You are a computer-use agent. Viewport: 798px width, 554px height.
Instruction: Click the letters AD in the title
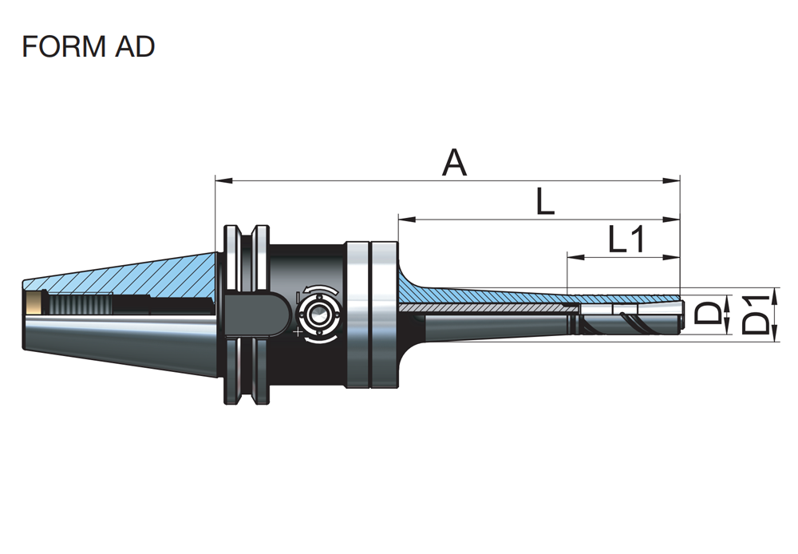135,46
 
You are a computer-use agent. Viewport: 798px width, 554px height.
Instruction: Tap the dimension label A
454,162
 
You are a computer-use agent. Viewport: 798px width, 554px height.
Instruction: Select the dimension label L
545,201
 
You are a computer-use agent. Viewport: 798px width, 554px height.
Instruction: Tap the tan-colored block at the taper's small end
34,304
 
